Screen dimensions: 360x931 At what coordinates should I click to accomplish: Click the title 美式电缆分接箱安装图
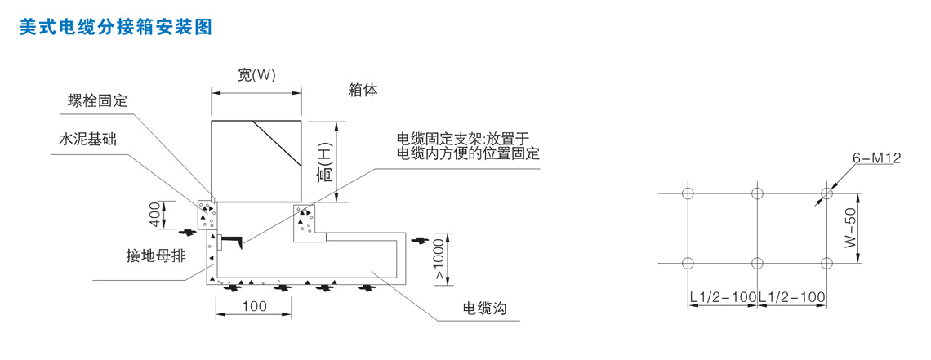click(115, 27)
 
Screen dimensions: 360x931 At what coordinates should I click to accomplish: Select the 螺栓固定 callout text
click(97, 101)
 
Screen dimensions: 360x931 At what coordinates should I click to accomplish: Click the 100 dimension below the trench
click(255, 307)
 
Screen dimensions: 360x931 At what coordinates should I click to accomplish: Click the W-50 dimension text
click(852, 229)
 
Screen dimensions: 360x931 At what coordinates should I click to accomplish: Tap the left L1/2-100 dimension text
click(722, 296)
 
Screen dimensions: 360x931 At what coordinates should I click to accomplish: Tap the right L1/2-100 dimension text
click(792, 296)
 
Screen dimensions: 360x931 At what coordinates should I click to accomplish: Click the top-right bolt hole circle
click(827, 193)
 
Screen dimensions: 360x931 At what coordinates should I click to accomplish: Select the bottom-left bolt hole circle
click(688, 263)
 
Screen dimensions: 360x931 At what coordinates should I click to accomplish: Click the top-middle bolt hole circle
click(757, 193)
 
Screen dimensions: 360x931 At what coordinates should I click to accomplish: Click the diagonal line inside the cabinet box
click(277, 144)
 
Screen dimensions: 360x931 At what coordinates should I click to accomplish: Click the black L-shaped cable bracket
click(231, 240)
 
